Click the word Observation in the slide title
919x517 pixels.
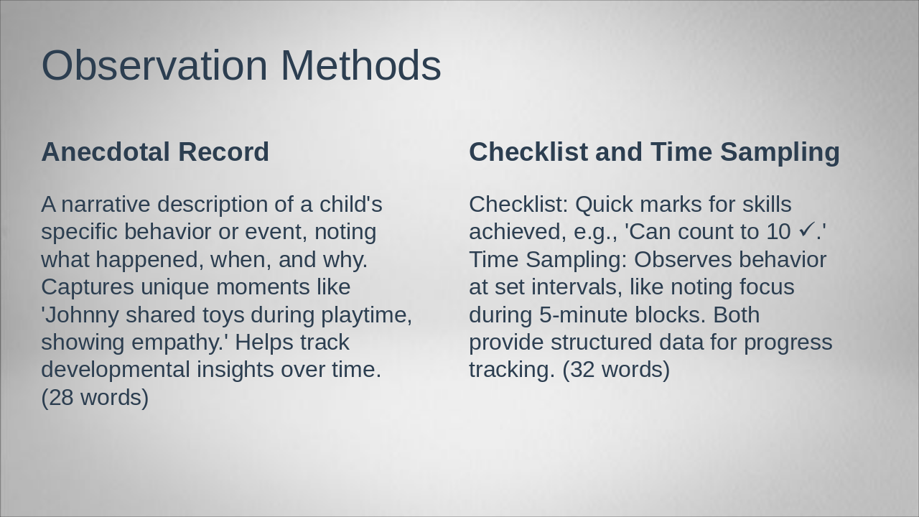154,65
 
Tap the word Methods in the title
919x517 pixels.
360,65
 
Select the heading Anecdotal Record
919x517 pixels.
155,152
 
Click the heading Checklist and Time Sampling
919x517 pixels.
654,152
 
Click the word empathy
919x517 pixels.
182,342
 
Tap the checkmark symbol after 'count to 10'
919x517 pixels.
806,230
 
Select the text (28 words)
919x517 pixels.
95,397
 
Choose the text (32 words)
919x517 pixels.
616,369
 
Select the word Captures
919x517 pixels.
88,287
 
